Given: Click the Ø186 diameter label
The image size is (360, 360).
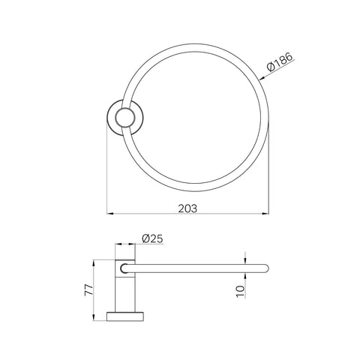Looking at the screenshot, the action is click(x=279, y=62).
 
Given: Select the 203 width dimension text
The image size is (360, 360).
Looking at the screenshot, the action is click(x=187, y=208).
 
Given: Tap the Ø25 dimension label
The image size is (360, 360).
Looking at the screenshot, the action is click(x=152, y=238).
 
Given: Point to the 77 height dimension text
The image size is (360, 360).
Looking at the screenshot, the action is click(x=89, y=290).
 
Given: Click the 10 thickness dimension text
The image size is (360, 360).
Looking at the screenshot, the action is click(x=240, y=292).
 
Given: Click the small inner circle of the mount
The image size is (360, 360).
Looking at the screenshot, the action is click(x=125, y=118).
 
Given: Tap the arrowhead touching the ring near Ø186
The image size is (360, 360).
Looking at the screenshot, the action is click(x=262, y=79).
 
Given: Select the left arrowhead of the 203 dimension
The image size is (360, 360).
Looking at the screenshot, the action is click(x=110, y=214).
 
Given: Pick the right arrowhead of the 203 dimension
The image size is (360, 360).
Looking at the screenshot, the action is click(x=265, y=214).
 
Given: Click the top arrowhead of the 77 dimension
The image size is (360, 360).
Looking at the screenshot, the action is click(x=94, y=263).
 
